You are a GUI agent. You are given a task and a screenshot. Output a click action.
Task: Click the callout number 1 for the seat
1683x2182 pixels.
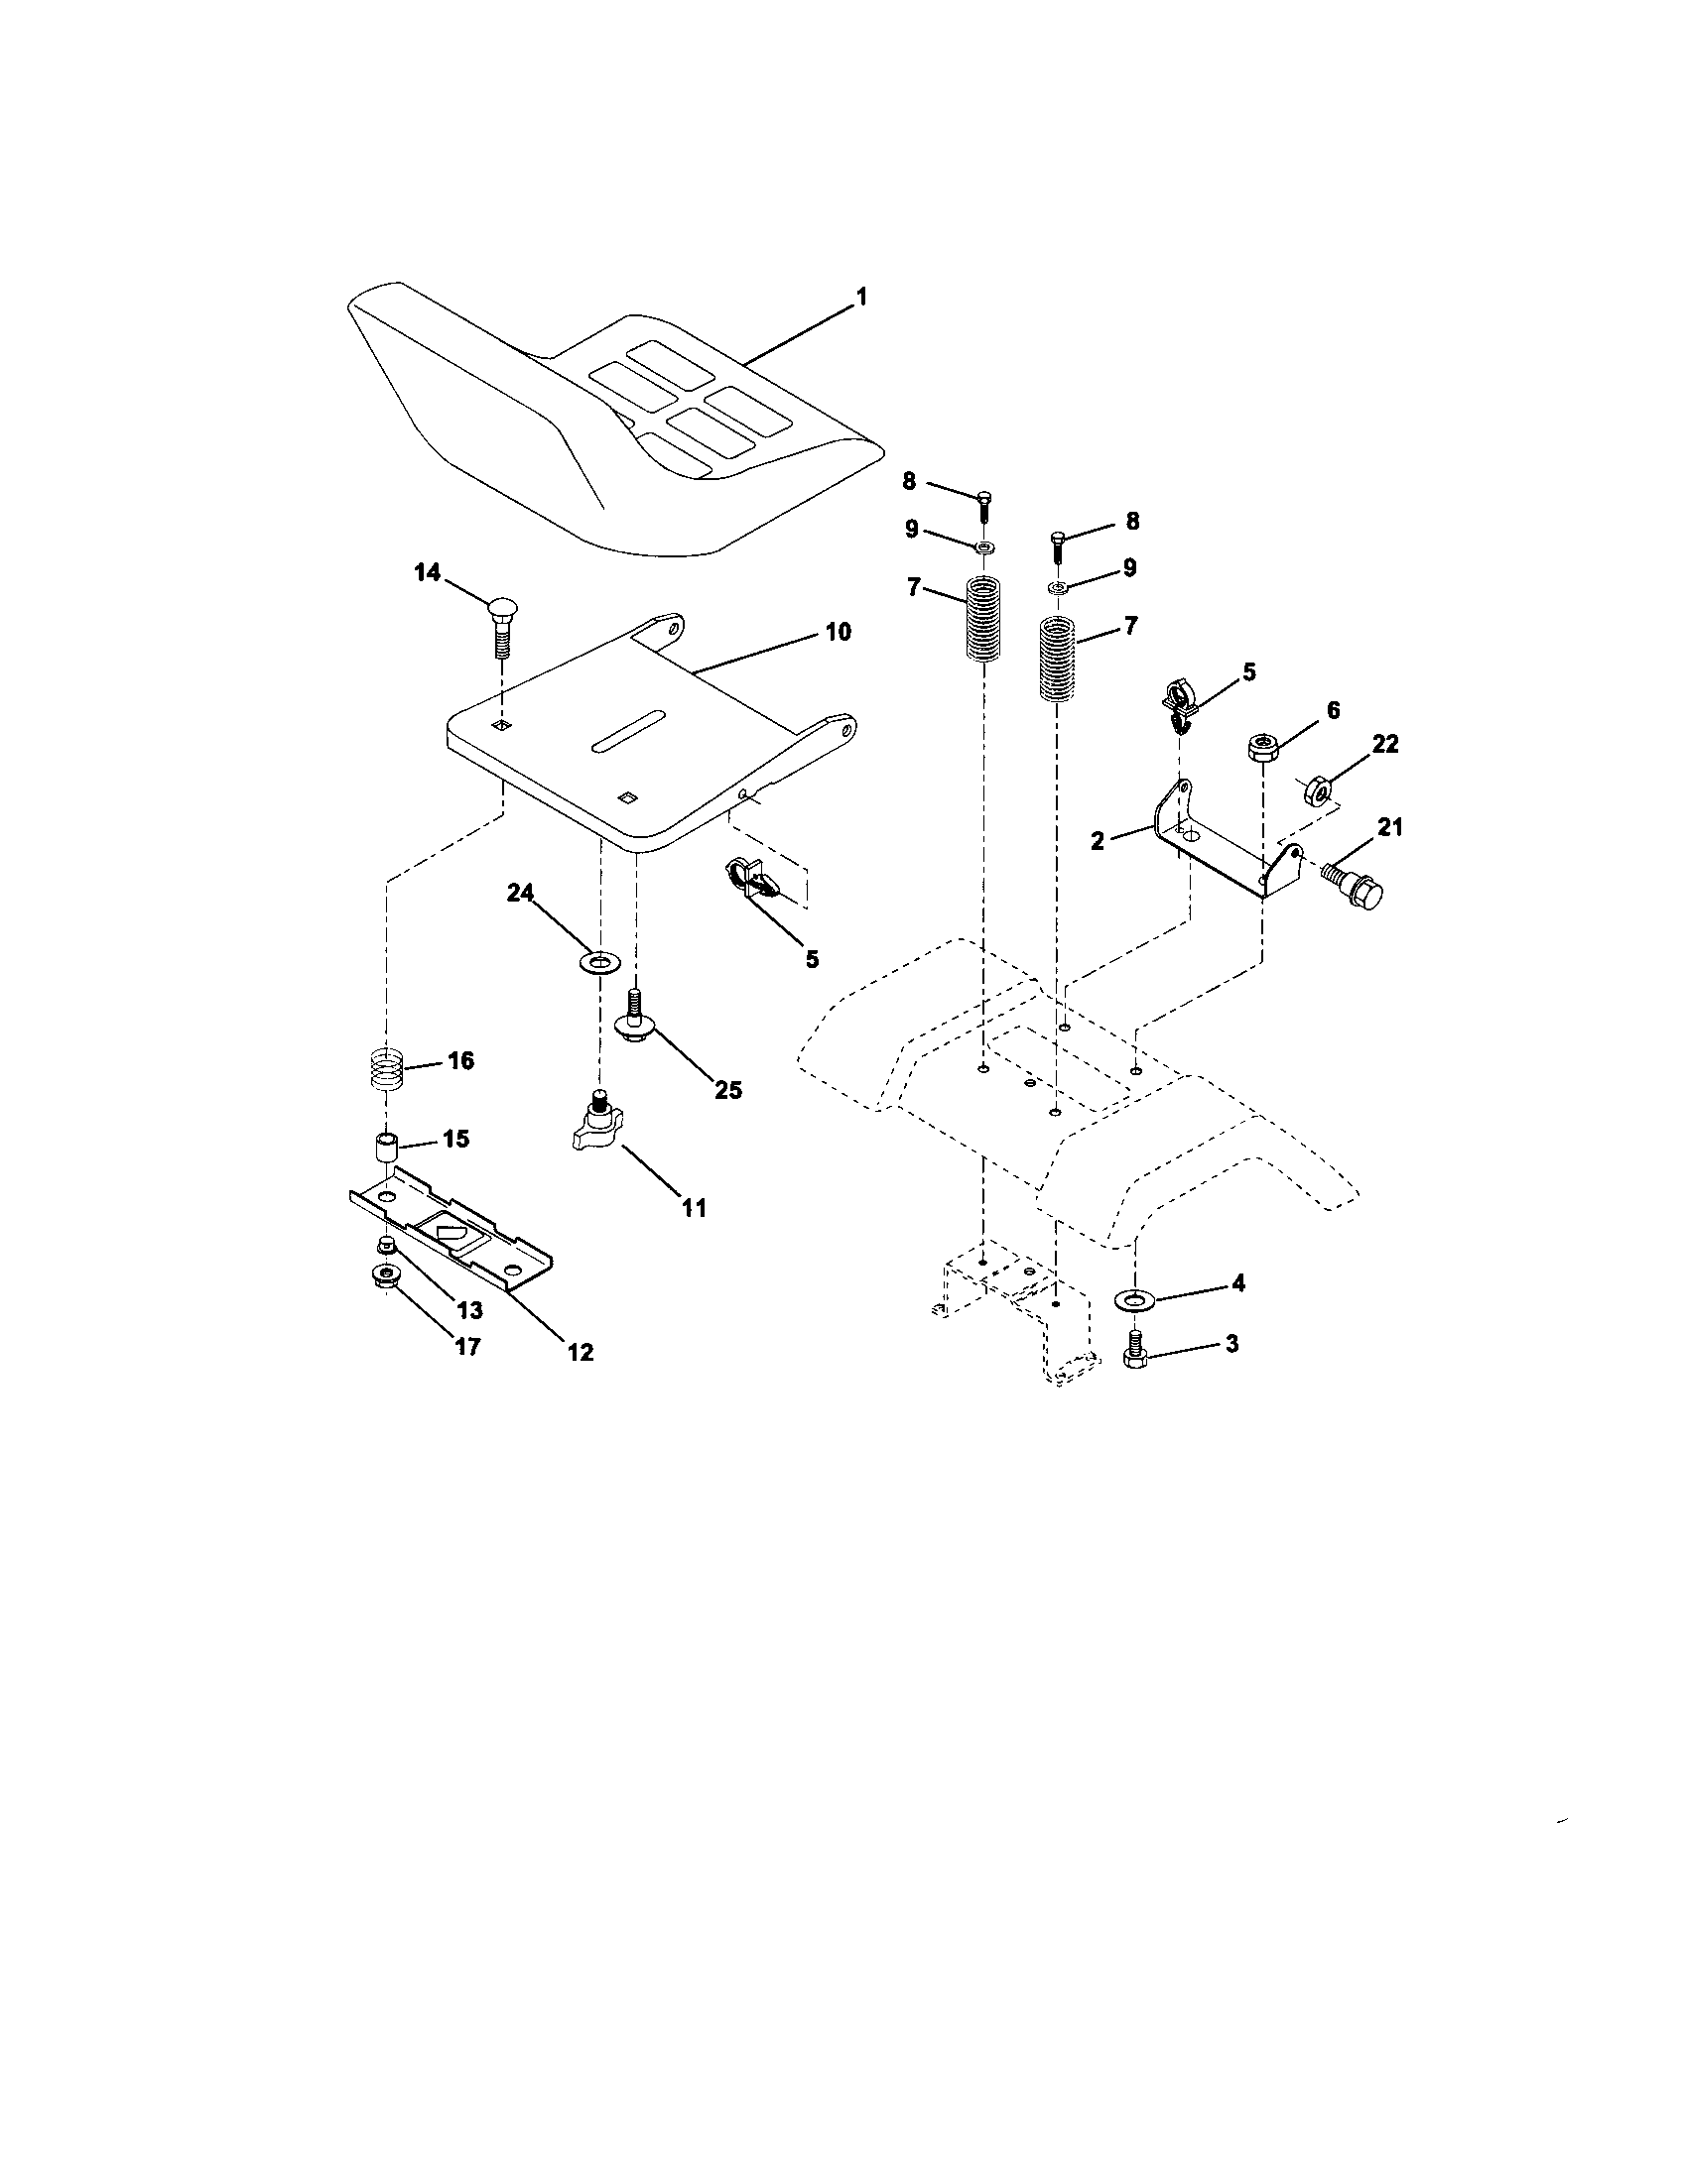860,297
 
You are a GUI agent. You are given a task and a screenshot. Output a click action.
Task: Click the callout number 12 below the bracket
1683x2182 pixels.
580,1353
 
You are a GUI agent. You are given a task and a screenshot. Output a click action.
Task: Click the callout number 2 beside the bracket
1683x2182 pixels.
1098,841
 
